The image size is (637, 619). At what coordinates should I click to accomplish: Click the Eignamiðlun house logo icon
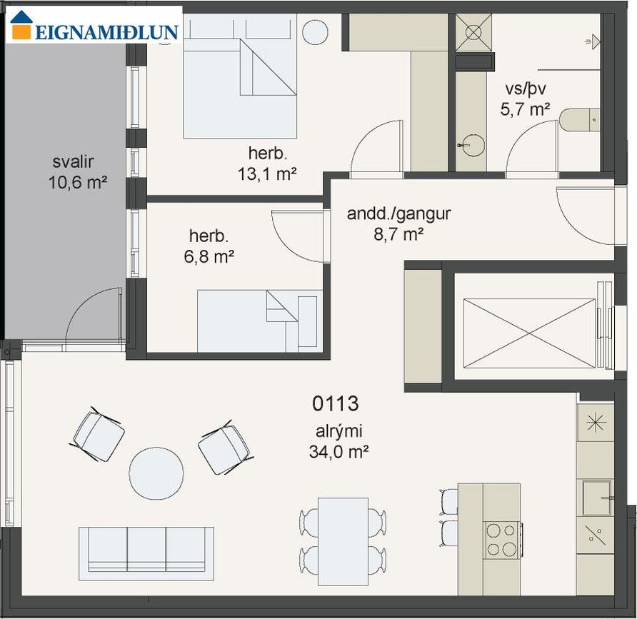22,25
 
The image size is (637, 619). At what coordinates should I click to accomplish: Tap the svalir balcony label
73,162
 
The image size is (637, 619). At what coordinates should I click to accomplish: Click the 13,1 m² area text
267,174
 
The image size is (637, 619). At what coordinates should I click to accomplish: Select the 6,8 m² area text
209,257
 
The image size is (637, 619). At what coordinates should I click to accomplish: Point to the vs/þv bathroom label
526,89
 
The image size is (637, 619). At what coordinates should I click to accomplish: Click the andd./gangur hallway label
398,214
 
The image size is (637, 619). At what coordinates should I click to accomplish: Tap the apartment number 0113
336,403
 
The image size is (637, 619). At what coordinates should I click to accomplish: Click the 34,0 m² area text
338,451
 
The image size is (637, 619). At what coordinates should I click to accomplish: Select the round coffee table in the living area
156,473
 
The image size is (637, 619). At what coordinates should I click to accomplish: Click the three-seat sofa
146,553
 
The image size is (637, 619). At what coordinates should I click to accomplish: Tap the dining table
343,542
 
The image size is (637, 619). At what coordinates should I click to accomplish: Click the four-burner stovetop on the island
502,540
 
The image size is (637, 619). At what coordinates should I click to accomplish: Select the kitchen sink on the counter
597,497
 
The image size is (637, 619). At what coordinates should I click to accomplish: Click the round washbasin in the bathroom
473,145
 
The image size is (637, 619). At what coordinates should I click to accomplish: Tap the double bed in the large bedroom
240,76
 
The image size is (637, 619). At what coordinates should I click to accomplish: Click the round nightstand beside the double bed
315,33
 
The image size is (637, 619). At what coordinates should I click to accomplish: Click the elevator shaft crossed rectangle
529,333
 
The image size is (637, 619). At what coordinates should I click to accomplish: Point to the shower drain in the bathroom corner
473,33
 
